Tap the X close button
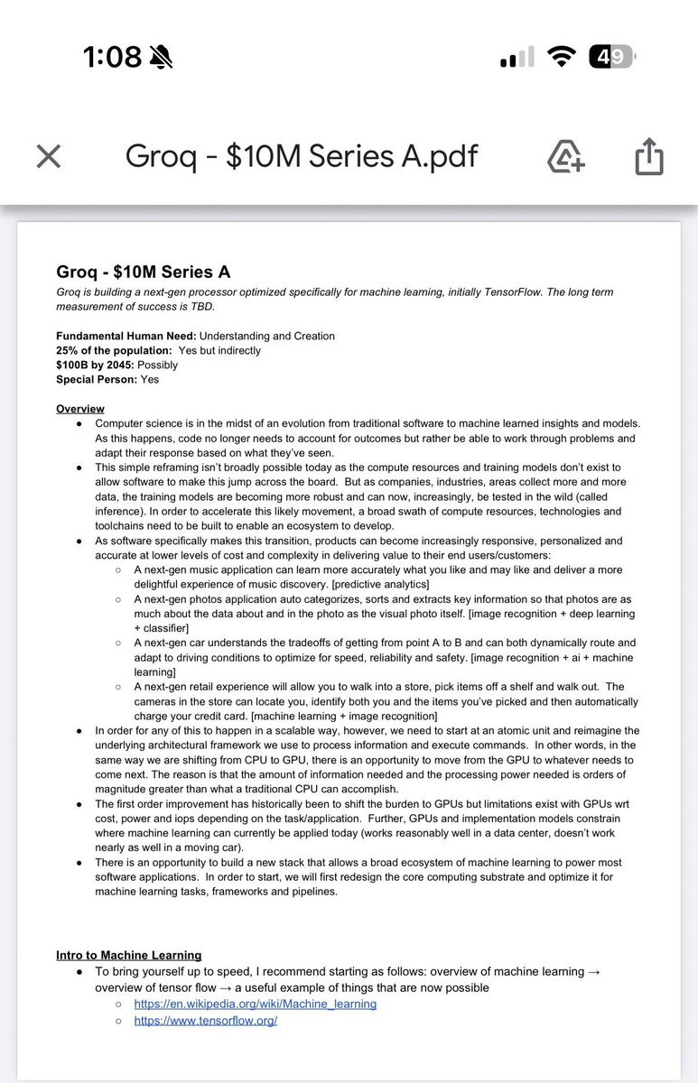point(49,156)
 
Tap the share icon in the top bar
point(648,157)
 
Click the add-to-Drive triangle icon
point(566,157)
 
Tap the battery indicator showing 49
point(611,57)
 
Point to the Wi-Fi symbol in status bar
point(563,57)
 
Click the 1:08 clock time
point(112,57)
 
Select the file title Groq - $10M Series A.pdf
point(301,156)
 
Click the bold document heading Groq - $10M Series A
point(144,272)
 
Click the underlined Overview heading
point(80,409)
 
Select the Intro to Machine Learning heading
point(128,955)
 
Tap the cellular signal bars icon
point(517,59)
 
